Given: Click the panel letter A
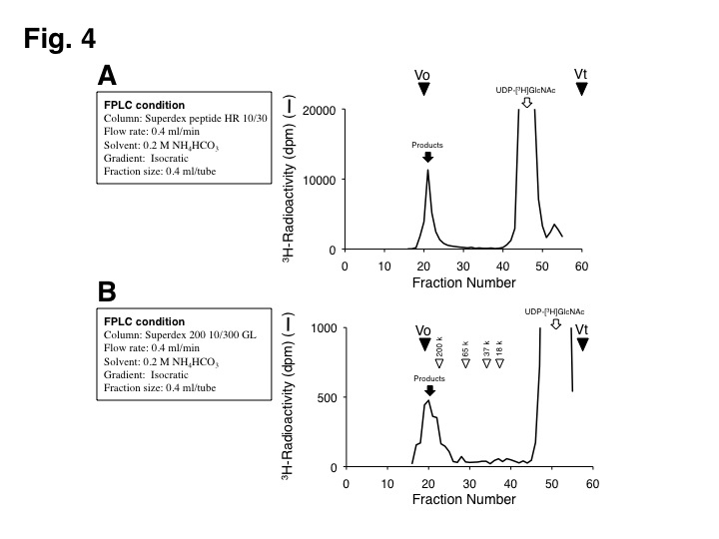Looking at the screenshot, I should point(109,77).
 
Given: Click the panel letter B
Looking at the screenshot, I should point(109,292).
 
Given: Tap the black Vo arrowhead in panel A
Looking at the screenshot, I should point(423,89).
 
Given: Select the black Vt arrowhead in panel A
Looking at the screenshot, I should point(581,89).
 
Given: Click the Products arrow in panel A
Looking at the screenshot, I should point(427,157).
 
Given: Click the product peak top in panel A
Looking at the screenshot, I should point(428,171).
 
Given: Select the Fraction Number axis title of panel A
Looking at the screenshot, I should point(463,282).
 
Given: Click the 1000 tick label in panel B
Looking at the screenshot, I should point(321,327).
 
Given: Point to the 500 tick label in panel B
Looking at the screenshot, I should point(325,397).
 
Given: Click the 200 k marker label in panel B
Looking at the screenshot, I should point(439,346).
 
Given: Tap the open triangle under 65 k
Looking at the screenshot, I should point(465,363).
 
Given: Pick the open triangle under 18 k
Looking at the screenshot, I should point(499,363).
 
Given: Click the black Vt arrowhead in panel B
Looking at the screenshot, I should point(582,344).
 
